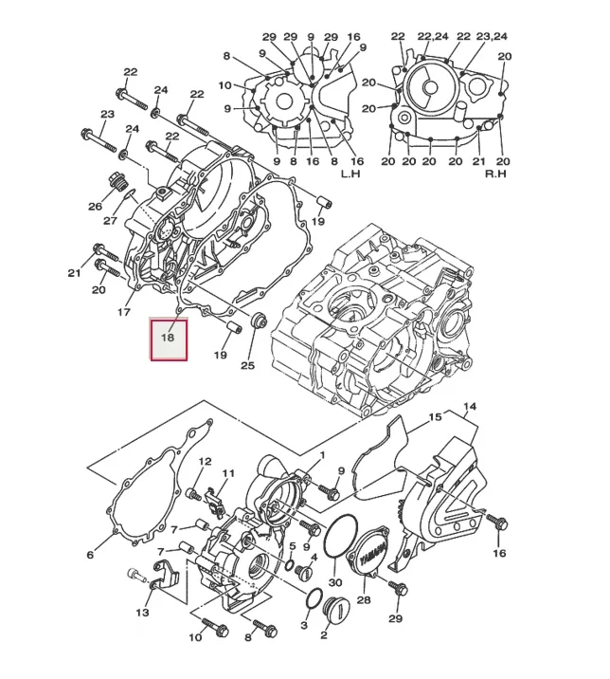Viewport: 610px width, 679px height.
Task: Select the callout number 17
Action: pos(123,312)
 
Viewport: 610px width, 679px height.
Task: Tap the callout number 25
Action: pos(247,365)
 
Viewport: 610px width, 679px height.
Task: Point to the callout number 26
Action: pos(95,206)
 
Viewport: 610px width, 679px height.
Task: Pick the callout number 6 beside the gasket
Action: pos(90,555)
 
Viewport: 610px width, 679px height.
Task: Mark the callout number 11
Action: pos(228,473)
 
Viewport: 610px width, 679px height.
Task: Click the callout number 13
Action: pos(143,614)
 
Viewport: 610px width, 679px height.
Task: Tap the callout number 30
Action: pos(334,582)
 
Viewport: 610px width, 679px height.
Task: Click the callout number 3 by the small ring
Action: pos(304,626)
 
